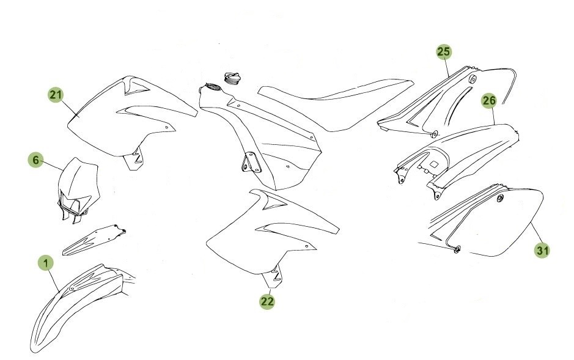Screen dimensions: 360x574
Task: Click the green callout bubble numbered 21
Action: click(x=56, y=95)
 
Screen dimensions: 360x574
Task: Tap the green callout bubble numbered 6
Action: click(x=35, y=160)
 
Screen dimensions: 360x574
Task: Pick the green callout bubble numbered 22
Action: click(x=267, y=301)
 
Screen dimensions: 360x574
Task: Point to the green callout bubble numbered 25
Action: click(x=444, y=52)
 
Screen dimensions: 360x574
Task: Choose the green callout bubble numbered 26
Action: click(x=488, y=101)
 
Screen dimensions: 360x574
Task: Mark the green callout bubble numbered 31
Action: click(x=542, y=250)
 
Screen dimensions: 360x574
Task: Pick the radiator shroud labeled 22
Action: click(x=269, y=235)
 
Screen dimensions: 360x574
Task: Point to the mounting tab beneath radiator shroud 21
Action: click(x=134, y=160)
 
